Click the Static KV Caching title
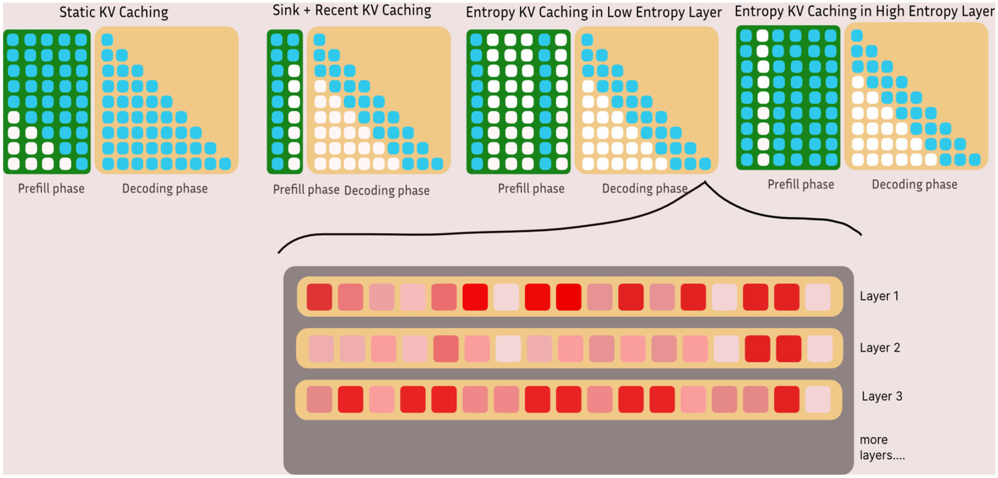coord(114,12)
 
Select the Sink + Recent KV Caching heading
coord(351,10)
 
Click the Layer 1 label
coord(879,296)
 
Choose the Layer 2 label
coord(879,347)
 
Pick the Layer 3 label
coord(881,396)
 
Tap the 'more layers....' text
coord(882,447)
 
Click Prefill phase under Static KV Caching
coord(51,189)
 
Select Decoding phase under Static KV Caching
coord(165,189)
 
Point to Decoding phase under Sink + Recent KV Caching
coord(387,190)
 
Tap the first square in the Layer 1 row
coord(319,297)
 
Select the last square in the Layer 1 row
coord(817,297)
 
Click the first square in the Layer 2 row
coord(321,349)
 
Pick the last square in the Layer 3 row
coord(817,399)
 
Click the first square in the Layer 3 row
coord(319,399)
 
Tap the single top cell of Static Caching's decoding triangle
coord(107,40)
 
